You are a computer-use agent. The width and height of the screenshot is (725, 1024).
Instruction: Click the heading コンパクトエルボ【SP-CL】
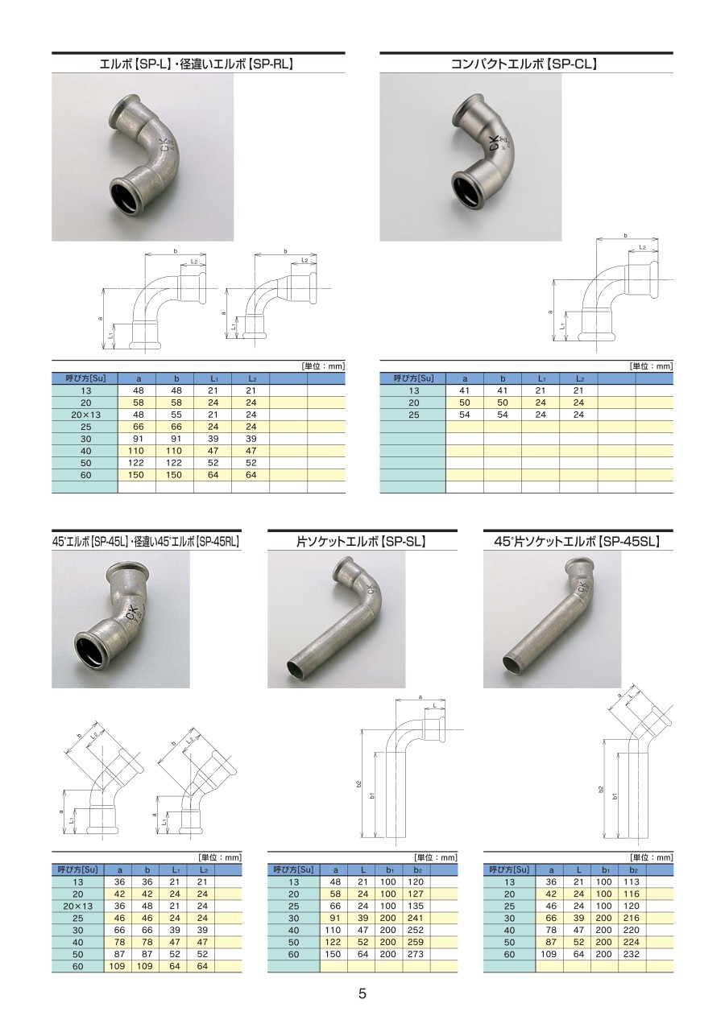point(524,64)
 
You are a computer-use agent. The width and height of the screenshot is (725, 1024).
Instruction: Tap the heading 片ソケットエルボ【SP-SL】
point(362,542)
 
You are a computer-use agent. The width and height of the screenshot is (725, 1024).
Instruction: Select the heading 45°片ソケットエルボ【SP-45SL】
point(578,542)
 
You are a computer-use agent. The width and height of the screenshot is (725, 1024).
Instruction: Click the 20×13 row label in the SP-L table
point(85,415)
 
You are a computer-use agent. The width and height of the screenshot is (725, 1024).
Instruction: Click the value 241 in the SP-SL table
point(416,918)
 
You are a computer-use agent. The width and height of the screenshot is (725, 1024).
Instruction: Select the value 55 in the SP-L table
point(176,415)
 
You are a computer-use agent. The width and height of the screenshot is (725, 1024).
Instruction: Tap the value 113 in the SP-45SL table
point(632,882)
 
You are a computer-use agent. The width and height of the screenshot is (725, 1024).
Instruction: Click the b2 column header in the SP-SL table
point(416,870)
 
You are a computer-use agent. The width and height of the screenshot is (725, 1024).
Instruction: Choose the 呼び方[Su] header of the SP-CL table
point(413,378)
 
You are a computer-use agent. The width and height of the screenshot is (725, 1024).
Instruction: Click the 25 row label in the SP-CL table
point(413,415)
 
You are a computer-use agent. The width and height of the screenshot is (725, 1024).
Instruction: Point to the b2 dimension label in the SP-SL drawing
point(358,783)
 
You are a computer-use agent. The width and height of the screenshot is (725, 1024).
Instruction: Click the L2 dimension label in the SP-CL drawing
point(642,247)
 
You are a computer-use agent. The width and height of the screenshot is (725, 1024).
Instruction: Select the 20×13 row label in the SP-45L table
point(78,906)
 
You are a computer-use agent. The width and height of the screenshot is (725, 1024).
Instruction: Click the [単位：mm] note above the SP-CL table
point(652,366)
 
